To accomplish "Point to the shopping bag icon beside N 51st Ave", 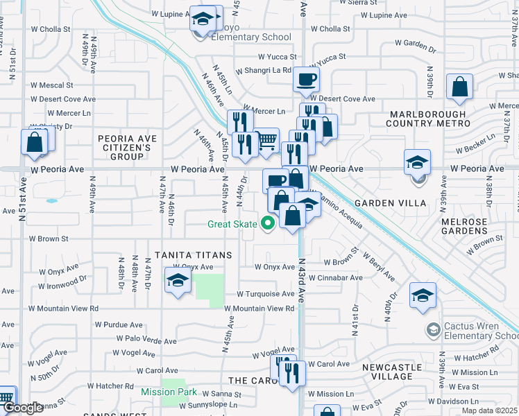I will click(x=34, y=143).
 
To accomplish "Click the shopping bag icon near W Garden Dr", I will click(x=459, y=88).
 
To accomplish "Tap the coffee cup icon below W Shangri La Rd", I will click(x=306, y=80).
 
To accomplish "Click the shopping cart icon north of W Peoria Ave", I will click(x=266, y=141).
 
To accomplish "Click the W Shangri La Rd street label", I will click(x=263, y=70).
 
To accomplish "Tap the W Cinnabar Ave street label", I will click(x=336, y=278).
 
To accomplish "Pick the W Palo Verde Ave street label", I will click(x=146, y=340).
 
